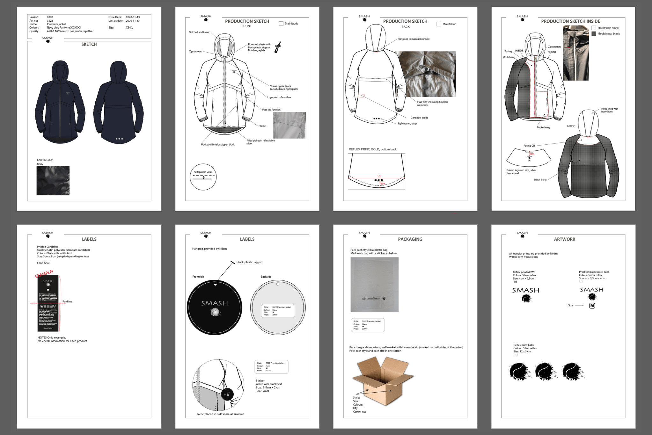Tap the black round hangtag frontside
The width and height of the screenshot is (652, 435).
pyautogui.click(x=214, y=307)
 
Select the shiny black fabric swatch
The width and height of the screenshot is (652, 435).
pyautogui.click(x=53, y=180)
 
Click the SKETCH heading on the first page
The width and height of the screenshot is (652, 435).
pyautogui.click(x=89, y=44)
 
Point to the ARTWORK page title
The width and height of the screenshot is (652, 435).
pyautogui.click(x=564, y=239)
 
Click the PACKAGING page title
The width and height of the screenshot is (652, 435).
pyautogui.click(x=410, y=239)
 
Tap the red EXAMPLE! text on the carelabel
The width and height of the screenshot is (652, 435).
pyautogui.click(x=44, y=274)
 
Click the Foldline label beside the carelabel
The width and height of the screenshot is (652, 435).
pyautogui.click(x=67, y=301)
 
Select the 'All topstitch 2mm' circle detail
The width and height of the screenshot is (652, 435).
pyautogui.click(x=203, y=177)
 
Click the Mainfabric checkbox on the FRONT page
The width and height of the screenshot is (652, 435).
pyautogui.click(x=281, y=24)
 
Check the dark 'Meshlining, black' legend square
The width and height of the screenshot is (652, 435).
pyautogui.click(x=594, y=33)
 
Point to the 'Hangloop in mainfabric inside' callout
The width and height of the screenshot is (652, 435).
pyautogui.click(x=414, y=39)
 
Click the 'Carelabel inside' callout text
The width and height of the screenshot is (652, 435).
pyautogui.click(x=419, y=118)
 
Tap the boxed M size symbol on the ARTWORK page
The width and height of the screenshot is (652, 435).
pyautogui.click(x=592, y=306)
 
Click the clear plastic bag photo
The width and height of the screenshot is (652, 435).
pyautogui.click(x=374, y=284)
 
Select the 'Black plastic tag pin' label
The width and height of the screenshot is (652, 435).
pyautogui.click(x=249, y=262)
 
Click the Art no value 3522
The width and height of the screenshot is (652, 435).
pyautogui.click(x=50, y=21)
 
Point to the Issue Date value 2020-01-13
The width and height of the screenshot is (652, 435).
pyautogui.click(x=133, y=17)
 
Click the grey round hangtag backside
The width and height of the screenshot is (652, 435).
pyautogui.click(x=278, y=307)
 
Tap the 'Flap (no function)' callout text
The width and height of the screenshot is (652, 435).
pyautogui.click(x=272, y=110)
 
